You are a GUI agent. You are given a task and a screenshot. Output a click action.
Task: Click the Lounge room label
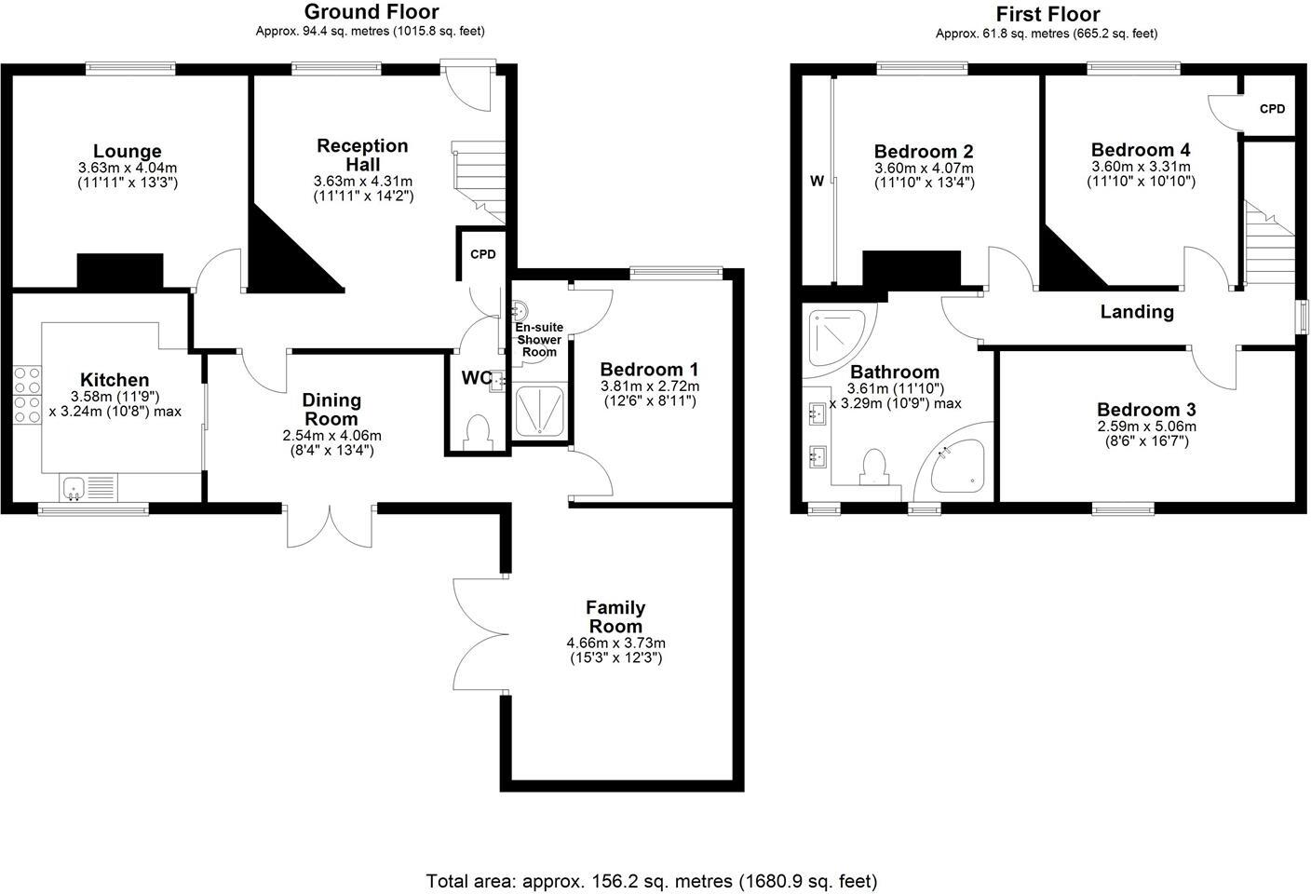point(128,152)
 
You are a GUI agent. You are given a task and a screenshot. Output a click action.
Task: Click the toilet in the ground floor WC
point(478,433)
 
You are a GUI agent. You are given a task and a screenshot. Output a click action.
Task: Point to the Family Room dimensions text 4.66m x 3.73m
point(615,643)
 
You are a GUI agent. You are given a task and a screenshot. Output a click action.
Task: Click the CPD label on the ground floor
point(483,254)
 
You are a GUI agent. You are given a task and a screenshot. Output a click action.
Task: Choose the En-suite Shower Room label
point(539,340)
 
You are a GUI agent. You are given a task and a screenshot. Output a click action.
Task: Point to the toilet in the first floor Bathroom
point(874,467)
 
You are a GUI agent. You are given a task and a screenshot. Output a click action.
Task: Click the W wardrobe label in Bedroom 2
point(817,181)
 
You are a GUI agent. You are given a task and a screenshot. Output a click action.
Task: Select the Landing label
point(1137,312)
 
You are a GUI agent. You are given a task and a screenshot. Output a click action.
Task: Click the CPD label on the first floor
point(1272,109)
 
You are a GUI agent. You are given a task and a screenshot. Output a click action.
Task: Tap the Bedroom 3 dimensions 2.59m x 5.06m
point(1146,427)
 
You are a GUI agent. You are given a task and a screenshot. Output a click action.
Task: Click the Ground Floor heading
point(372,12)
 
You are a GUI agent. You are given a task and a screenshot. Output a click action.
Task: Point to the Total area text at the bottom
point(652,880)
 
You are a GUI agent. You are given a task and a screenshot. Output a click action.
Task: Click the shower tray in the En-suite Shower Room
point(539,411)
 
